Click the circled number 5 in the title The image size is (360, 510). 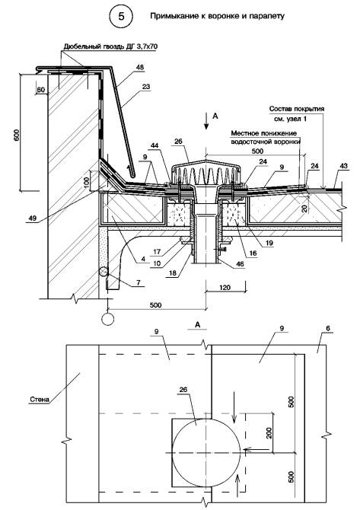[121, 16]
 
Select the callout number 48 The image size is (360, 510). [140, 67]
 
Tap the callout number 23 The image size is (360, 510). [146, 87]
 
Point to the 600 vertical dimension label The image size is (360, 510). [17, 135]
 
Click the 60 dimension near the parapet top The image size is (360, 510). [41, 90]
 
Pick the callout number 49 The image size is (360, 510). [32, 218]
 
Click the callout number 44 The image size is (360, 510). [155, 146]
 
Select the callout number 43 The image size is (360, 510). [343, 166]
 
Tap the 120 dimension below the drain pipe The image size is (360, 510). [225, 287]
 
